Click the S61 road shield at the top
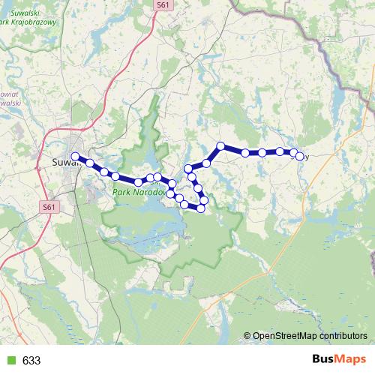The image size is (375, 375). [x=163, y=4]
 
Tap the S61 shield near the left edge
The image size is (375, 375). [x=48, y=206]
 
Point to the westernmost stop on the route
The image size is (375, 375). [x=75, y=156]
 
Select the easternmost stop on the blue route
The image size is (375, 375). [x=300, y=156]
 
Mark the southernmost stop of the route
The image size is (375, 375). [x=201, y=208]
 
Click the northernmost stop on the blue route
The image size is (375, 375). [x=221, y=145]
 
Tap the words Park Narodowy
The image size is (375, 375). [x=139, y=193]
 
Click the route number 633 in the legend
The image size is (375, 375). [x=31, y=360]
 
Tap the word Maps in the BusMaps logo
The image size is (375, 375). [x=351, y=359]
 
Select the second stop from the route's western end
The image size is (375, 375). [x=90, y=163]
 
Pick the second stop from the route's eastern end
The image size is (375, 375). [x=280, y=151]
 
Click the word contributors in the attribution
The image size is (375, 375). [x=343, y=337]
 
